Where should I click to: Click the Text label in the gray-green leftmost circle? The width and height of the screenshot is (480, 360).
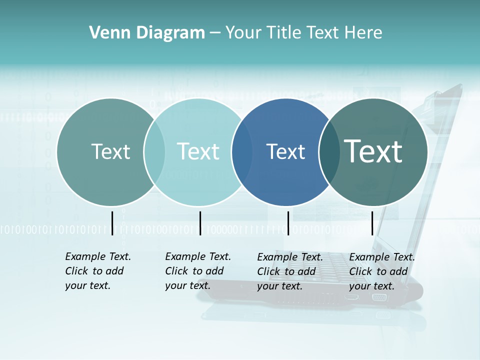pos(110,151)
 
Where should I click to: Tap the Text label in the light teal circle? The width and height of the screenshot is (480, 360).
pos(198,151)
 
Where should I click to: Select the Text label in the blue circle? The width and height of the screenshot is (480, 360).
pos(285,151)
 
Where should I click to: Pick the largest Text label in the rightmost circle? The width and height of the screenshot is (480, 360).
pos(373,151)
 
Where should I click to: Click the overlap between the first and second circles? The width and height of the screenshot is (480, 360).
pos(154,152)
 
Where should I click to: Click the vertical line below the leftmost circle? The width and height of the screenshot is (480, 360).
pos(112,223)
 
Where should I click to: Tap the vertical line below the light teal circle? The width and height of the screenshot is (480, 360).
pos(200,223)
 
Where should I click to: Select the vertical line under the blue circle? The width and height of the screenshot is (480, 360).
pos(288,223)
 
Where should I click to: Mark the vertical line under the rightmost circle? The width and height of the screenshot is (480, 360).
pos(372,223)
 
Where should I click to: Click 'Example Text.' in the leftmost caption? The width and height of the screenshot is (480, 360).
pos(98,256)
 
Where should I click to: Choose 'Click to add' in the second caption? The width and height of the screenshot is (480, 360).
pos(194,271)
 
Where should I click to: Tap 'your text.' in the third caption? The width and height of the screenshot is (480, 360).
pos(279,286)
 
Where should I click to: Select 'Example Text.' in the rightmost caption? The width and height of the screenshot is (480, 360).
pos(382,257)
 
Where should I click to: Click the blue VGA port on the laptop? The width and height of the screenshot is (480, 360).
pos(379,297)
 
